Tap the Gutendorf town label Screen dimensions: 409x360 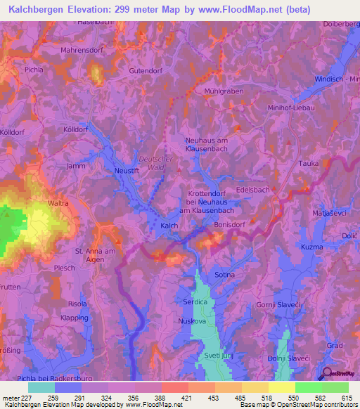pos(147,71)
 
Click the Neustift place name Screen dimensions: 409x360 pos(127,171)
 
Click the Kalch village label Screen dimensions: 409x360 pos(169,226)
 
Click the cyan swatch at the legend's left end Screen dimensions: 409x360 pos(41,387)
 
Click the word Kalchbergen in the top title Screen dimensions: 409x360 pos(38,10)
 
